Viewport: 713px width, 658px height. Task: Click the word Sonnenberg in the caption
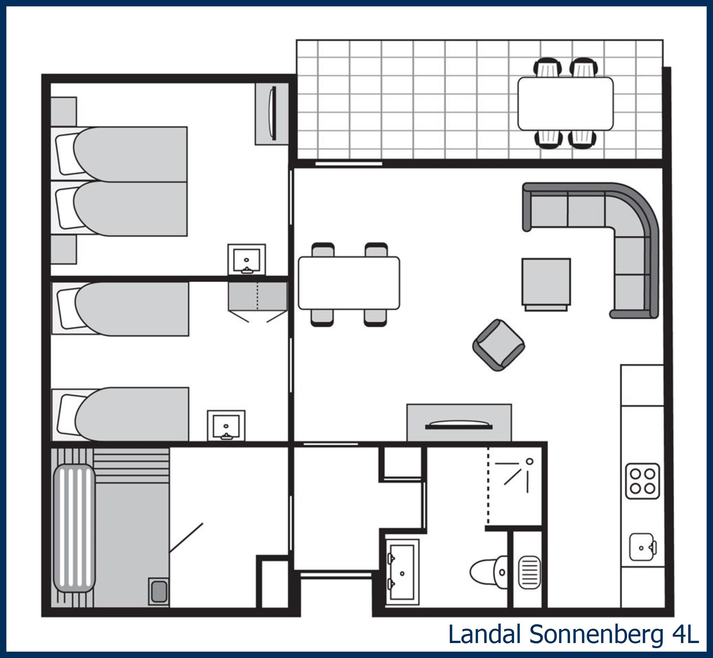[x=596, y=634]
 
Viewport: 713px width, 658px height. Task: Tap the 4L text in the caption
[x=685, y=634]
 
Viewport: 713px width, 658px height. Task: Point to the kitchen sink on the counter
[x=642, y=547]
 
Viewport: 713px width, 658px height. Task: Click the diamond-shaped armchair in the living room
[x=498, y=345]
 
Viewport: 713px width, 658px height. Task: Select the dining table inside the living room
[x=349, y=283]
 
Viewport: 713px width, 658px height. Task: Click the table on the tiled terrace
[x=565, y=103]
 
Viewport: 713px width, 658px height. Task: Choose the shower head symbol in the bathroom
[x=529, y=462]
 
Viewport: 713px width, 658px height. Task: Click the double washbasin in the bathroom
[x=402, y=573]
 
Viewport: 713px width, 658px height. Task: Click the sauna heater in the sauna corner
[x=159, y=591]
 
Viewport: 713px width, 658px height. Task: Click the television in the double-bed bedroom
[x=273, y=113]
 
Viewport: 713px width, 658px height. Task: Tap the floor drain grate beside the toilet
[x=529, y=573]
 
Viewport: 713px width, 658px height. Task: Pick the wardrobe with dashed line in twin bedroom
[x=258, y=296]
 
